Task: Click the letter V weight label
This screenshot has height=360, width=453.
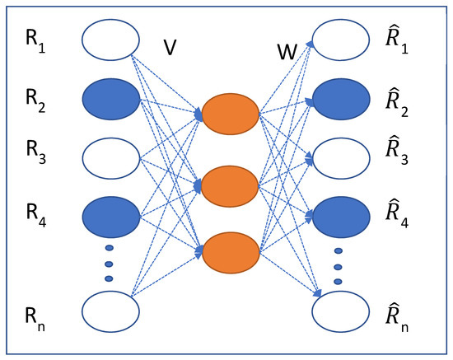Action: (170, 48)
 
